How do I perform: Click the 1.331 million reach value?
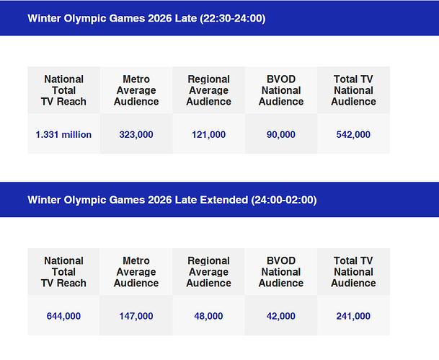coord(63,135)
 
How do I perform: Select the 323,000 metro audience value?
coord(136,135)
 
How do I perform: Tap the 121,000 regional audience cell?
coord(208,135)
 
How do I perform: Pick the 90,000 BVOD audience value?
coord(281,135)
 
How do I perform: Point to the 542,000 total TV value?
coord(353,135)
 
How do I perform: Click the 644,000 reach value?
coord(63,316)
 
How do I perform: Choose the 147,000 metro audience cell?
coord(136,316)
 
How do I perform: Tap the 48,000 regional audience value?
coord(208,316)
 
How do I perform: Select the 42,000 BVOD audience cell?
coord(281,316)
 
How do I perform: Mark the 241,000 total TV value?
coord(353,316)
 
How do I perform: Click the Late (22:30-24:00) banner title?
coord(146,18)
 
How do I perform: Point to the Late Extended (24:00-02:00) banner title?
coord(172,200)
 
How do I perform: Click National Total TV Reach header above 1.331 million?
coord(63,90)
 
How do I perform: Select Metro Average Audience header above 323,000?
coord(136,90)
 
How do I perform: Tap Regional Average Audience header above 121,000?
coord(208,90)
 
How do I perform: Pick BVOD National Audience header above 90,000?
coord(281,90)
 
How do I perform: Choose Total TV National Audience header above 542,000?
coord(353,90)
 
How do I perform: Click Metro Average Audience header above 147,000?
coord(136,272)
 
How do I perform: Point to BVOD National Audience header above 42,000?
coord(281,272)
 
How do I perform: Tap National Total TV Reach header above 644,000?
coord(63,272)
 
